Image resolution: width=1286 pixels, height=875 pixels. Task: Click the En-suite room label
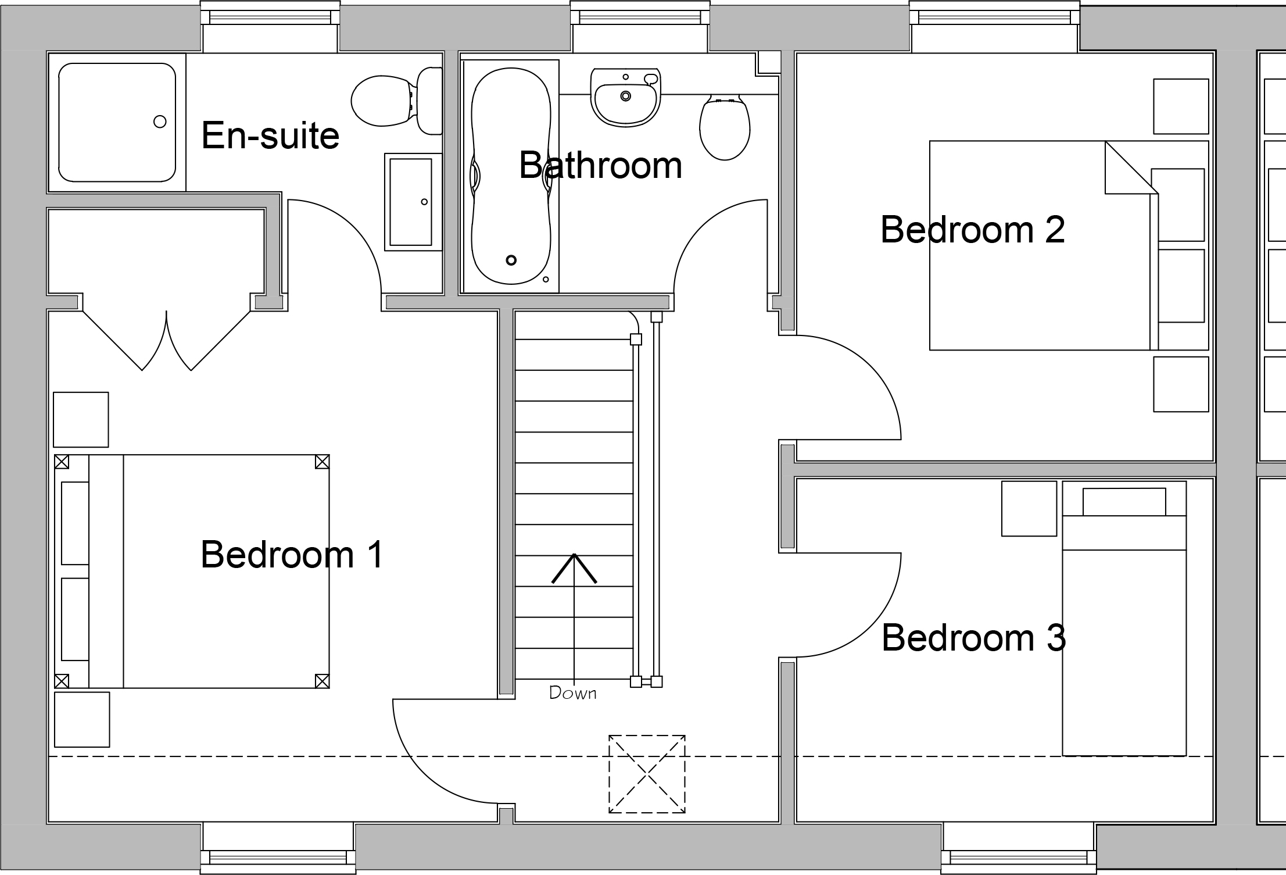(x=270, y=135)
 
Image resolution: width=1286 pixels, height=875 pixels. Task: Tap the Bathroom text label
(x=600, y=165)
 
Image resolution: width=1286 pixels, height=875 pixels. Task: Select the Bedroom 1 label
(x=292, y=554)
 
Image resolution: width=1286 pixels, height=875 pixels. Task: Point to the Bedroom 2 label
(x=972, y=230)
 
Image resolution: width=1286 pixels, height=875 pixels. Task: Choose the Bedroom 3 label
(x=973, y=638)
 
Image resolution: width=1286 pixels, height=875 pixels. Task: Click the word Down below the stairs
(x=573, y=693)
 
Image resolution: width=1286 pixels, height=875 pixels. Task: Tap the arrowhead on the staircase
(x=574, y=568)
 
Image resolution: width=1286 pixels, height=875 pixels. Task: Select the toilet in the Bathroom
(x=724, y=127)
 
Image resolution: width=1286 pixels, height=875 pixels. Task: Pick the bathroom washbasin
(x=625, y=97)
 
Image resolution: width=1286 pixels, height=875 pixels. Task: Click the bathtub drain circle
(x=511, y=260)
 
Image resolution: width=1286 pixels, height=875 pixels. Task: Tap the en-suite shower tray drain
(x=160, y=122)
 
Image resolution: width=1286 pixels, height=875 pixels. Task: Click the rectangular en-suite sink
(x=413, y=202)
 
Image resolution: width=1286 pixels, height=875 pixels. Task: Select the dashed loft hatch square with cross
(x=647, y=774)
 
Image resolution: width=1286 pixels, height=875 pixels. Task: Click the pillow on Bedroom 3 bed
(x=1124, y=502)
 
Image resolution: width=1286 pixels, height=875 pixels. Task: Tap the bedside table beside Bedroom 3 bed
(x=1029, y=508)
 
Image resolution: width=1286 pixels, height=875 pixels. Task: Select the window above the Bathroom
(x=639, y=26)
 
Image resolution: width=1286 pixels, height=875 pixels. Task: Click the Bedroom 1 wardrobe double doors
(x=167, y=340)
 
